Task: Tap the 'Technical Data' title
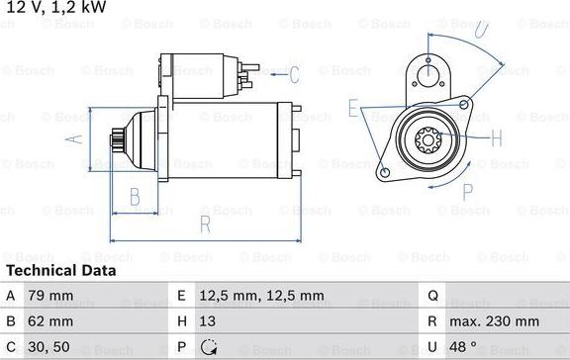tap(60, 270)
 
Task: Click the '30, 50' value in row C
tap(49, 348)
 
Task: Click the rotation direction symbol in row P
tap(209, 348)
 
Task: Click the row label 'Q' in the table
tap(432, 295)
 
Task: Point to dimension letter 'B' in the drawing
tap(136, 197)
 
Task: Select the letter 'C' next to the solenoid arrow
tap(293, 72)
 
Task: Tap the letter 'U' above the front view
tap(480, 31)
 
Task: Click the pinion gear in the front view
tap(429, 141)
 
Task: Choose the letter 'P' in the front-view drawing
tap(468, 191)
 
